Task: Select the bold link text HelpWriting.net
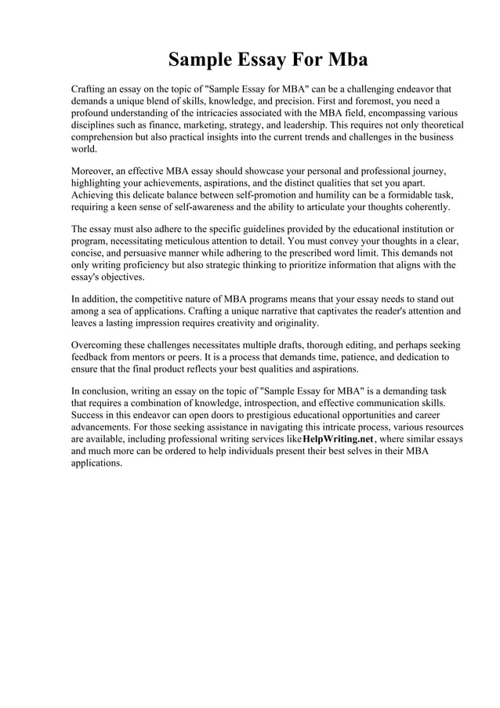(x=338, y=439)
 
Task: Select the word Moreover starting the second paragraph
(x=94, y=171)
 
